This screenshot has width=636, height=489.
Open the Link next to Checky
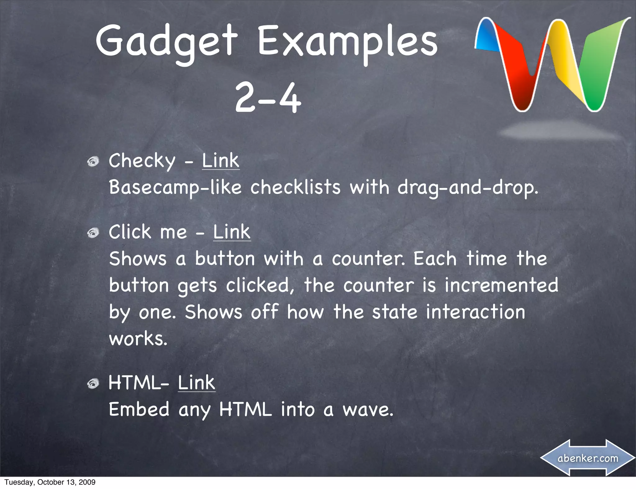tap(220, 161)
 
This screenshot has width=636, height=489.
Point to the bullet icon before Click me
tap(93, 233)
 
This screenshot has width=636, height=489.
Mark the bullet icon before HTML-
tap(93, 384)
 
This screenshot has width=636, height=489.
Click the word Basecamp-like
tap(175, 187)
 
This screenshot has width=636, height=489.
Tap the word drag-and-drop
tap(467, 187)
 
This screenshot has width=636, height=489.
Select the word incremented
tap(501, 285)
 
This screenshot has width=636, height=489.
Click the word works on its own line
tap(138, 339)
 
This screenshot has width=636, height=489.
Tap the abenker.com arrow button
tap(588, 458)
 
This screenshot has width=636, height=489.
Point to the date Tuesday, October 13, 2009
tap(50, 482)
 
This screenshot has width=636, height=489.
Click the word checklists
tap(295, 187)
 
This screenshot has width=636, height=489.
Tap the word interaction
tap(475, 312)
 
